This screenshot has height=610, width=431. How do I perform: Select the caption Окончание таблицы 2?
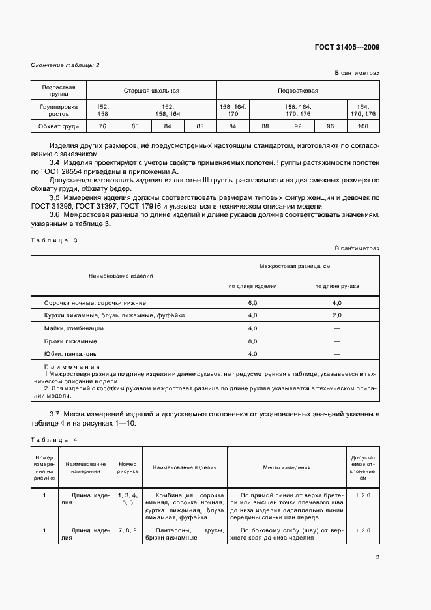point(65,65)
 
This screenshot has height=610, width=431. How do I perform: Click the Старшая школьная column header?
point(151,91)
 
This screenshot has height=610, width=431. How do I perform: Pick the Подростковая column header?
point(298,91)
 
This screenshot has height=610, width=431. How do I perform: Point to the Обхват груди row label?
point(59,126)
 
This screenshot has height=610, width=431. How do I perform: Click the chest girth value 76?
point(102,126)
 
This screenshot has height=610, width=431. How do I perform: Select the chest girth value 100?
point(363,126)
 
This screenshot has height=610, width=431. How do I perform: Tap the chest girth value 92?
point(298,126)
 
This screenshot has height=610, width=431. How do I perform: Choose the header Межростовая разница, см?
point(295,266)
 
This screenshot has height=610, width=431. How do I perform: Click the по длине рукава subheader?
point(337,286)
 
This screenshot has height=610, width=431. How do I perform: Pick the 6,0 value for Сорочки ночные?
point(253,303)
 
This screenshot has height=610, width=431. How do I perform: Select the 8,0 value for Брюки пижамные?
point(253,341)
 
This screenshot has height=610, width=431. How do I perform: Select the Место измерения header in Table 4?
point(287,467)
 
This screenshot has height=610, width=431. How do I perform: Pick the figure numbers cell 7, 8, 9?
point(127,531)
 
